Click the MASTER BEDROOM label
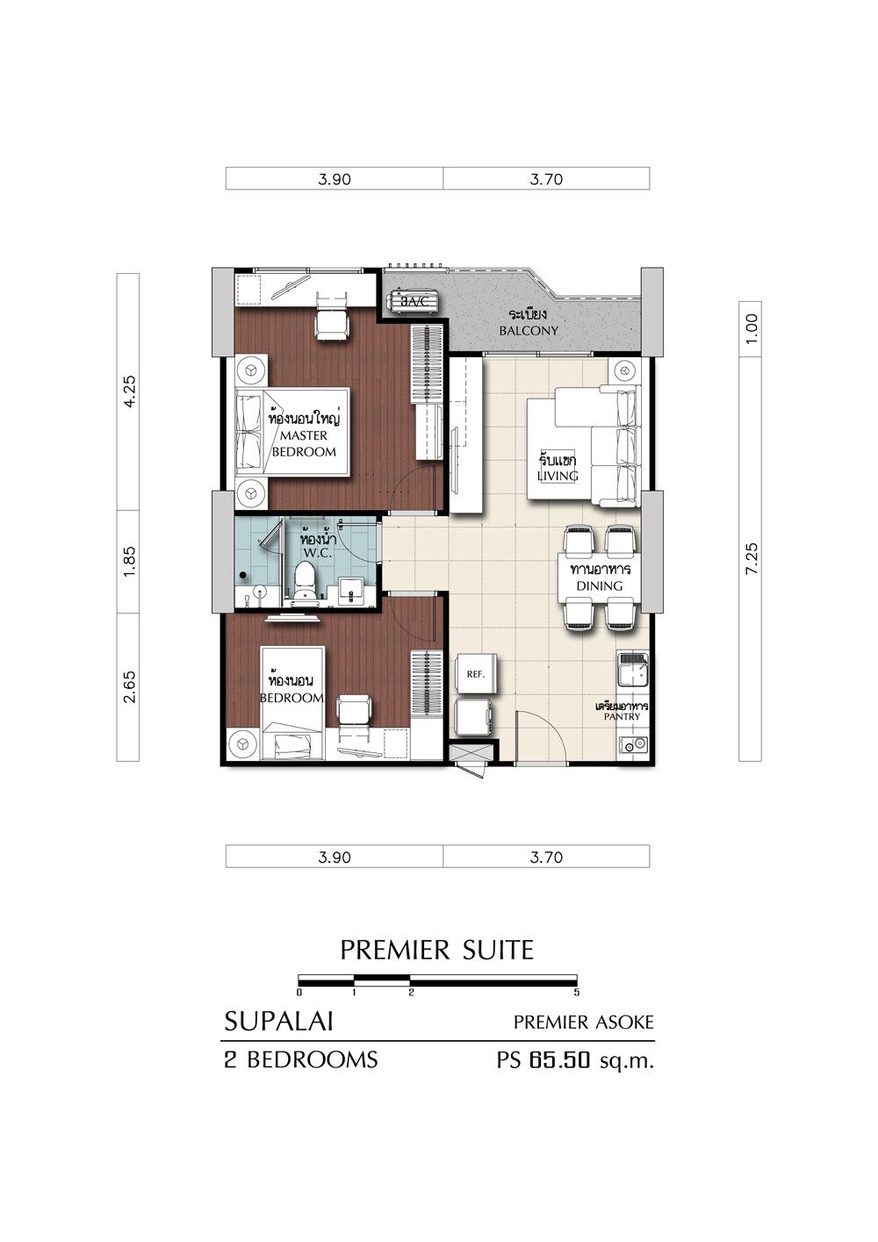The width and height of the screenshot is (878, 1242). [304, 443]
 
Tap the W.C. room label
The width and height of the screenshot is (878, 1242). [317, 553]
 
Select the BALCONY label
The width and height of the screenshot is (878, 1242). [528, 331]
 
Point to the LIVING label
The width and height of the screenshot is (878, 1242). [558, 476]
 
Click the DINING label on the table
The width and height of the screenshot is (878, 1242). [599, 585]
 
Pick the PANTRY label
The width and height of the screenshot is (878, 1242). [622, 716]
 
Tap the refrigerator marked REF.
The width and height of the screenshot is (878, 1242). [475, 674]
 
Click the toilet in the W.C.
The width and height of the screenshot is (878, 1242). [304, 580]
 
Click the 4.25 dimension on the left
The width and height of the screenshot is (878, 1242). [129, 391]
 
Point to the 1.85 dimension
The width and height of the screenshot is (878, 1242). [129, 562]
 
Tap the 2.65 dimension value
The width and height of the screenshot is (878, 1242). [129, 687]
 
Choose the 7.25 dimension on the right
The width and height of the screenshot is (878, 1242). [751, 559]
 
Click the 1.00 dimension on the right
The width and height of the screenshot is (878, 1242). [751, 328]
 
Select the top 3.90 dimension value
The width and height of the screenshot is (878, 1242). [335, 179]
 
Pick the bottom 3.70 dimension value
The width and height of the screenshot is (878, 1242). [546, 858]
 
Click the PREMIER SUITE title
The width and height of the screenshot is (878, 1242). [437, 950]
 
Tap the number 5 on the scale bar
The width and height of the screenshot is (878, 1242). [577, 993]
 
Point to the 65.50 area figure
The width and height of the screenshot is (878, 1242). [558, 1059]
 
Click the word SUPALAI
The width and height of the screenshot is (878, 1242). [278, 1022]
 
